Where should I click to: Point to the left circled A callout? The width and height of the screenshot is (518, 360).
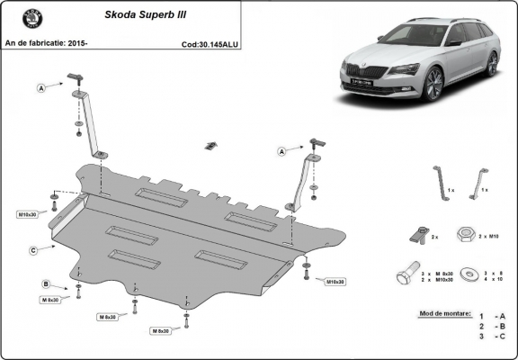click(41, 87)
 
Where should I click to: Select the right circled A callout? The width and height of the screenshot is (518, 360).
click(282, 152)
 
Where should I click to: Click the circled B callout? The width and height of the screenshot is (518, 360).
click(45, 284)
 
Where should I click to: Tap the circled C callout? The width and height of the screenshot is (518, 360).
click(33, 249)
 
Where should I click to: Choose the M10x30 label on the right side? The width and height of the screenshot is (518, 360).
click(335, 281)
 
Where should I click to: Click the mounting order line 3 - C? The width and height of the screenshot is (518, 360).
click(493, 337)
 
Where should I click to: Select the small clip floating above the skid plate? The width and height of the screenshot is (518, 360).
click(211, 145)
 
